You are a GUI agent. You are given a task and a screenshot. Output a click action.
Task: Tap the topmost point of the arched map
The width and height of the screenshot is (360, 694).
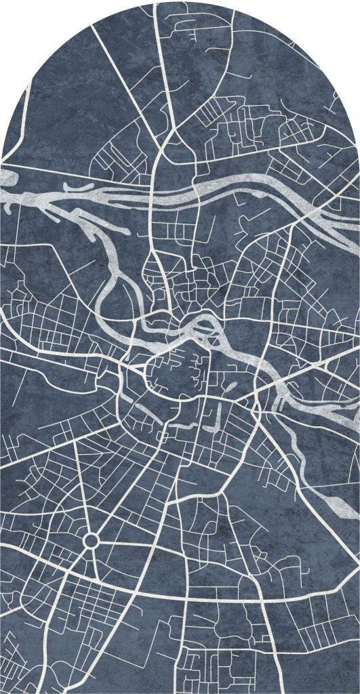pos(180,2)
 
